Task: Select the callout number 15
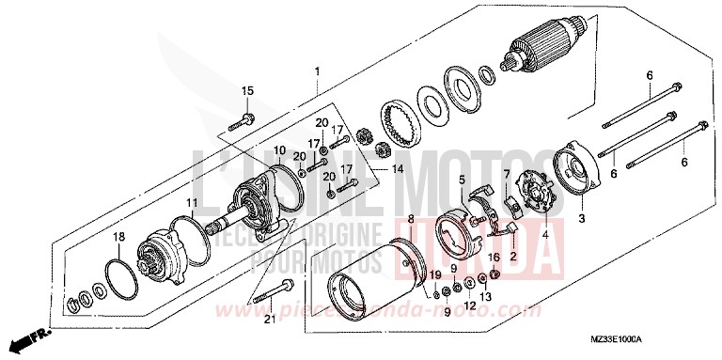(248, 90)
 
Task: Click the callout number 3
(581, 219)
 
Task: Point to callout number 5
(462, 180)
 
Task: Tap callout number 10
(278, 150)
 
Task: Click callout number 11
(191, 203)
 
